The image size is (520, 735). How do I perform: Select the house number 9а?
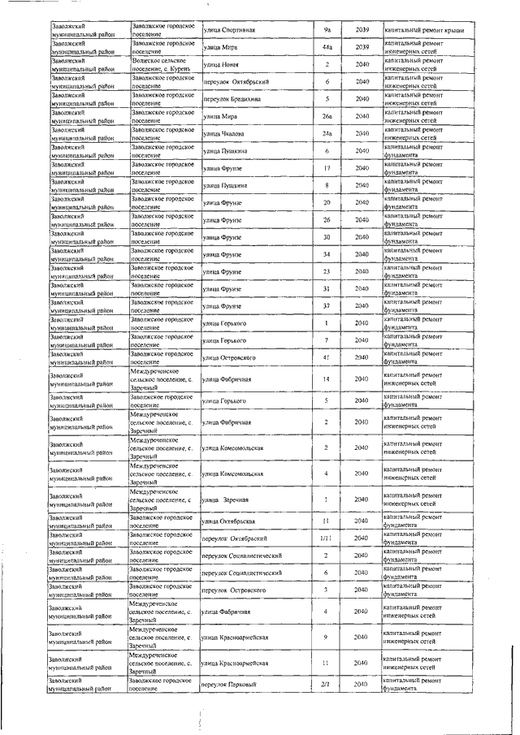[x=327, y=30]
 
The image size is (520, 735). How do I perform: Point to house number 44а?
[x=327, y=47]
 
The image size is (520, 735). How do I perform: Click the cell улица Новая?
[x=220, y=65]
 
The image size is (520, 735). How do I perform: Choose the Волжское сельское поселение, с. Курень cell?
[x=163, y=65]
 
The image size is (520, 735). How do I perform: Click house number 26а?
[x=327, y=116]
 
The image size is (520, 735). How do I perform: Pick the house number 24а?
[x=327, y=133]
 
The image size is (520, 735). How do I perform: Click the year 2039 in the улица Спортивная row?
[x=362, y=30]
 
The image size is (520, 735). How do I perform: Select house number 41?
[x=327, y=357]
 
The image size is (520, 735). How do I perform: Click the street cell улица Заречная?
[x=225, y=499]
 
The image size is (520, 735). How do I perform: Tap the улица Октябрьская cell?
[x=230, y=521]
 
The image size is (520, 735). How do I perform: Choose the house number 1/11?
[x=326, y=538]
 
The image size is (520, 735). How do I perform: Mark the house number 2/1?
[x=326, y=685]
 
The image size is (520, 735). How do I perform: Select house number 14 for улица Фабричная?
[x=326, y=379]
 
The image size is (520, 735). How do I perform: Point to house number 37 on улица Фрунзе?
[x=326, y=306]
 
